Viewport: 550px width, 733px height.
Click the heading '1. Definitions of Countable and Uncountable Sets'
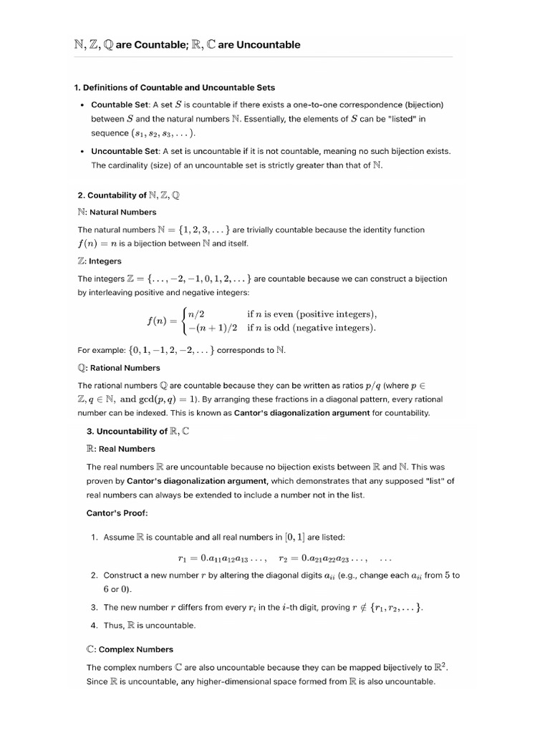click(174, 88)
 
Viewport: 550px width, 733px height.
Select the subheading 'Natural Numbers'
click(122, 212)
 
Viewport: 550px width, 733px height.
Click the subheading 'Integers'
click(105, 261)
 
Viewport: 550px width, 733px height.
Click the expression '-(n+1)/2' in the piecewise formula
click(213, 328)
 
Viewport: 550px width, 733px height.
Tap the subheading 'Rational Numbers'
click(125, 368)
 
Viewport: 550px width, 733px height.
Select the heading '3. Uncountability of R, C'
click(138, 432)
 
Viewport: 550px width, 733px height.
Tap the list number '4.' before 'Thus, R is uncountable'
click(95, 625)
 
